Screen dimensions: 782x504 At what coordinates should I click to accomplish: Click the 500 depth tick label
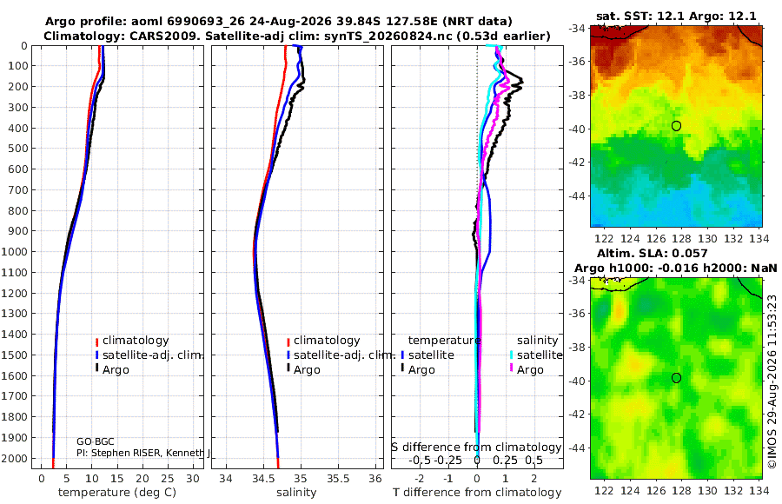coord(19,149)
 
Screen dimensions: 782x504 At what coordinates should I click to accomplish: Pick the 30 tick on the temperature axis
coord(193,479)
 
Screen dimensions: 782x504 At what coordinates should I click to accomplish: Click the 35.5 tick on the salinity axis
coord(338,479)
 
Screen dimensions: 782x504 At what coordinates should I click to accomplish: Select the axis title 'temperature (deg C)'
coord(117,493)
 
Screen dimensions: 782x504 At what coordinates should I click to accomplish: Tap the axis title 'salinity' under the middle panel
coord(296,493)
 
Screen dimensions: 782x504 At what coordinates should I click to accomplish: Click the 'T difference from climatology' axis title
coord(477,493)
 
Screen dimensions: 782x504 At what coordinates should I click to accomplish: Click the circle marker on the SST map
coord(676,126)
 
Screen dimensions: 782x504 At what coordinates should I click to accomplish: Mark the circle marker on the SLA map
coord(676,378)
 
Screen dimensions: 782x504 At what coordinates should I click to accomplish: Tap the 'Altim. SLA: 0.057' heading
coord(653,254)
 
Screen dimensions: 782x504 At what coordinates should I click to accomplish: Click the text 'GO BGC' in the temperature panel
coord(96,441)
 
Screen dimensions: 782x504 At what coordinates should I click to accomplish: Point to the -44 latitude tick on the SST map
coord(577,196)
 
